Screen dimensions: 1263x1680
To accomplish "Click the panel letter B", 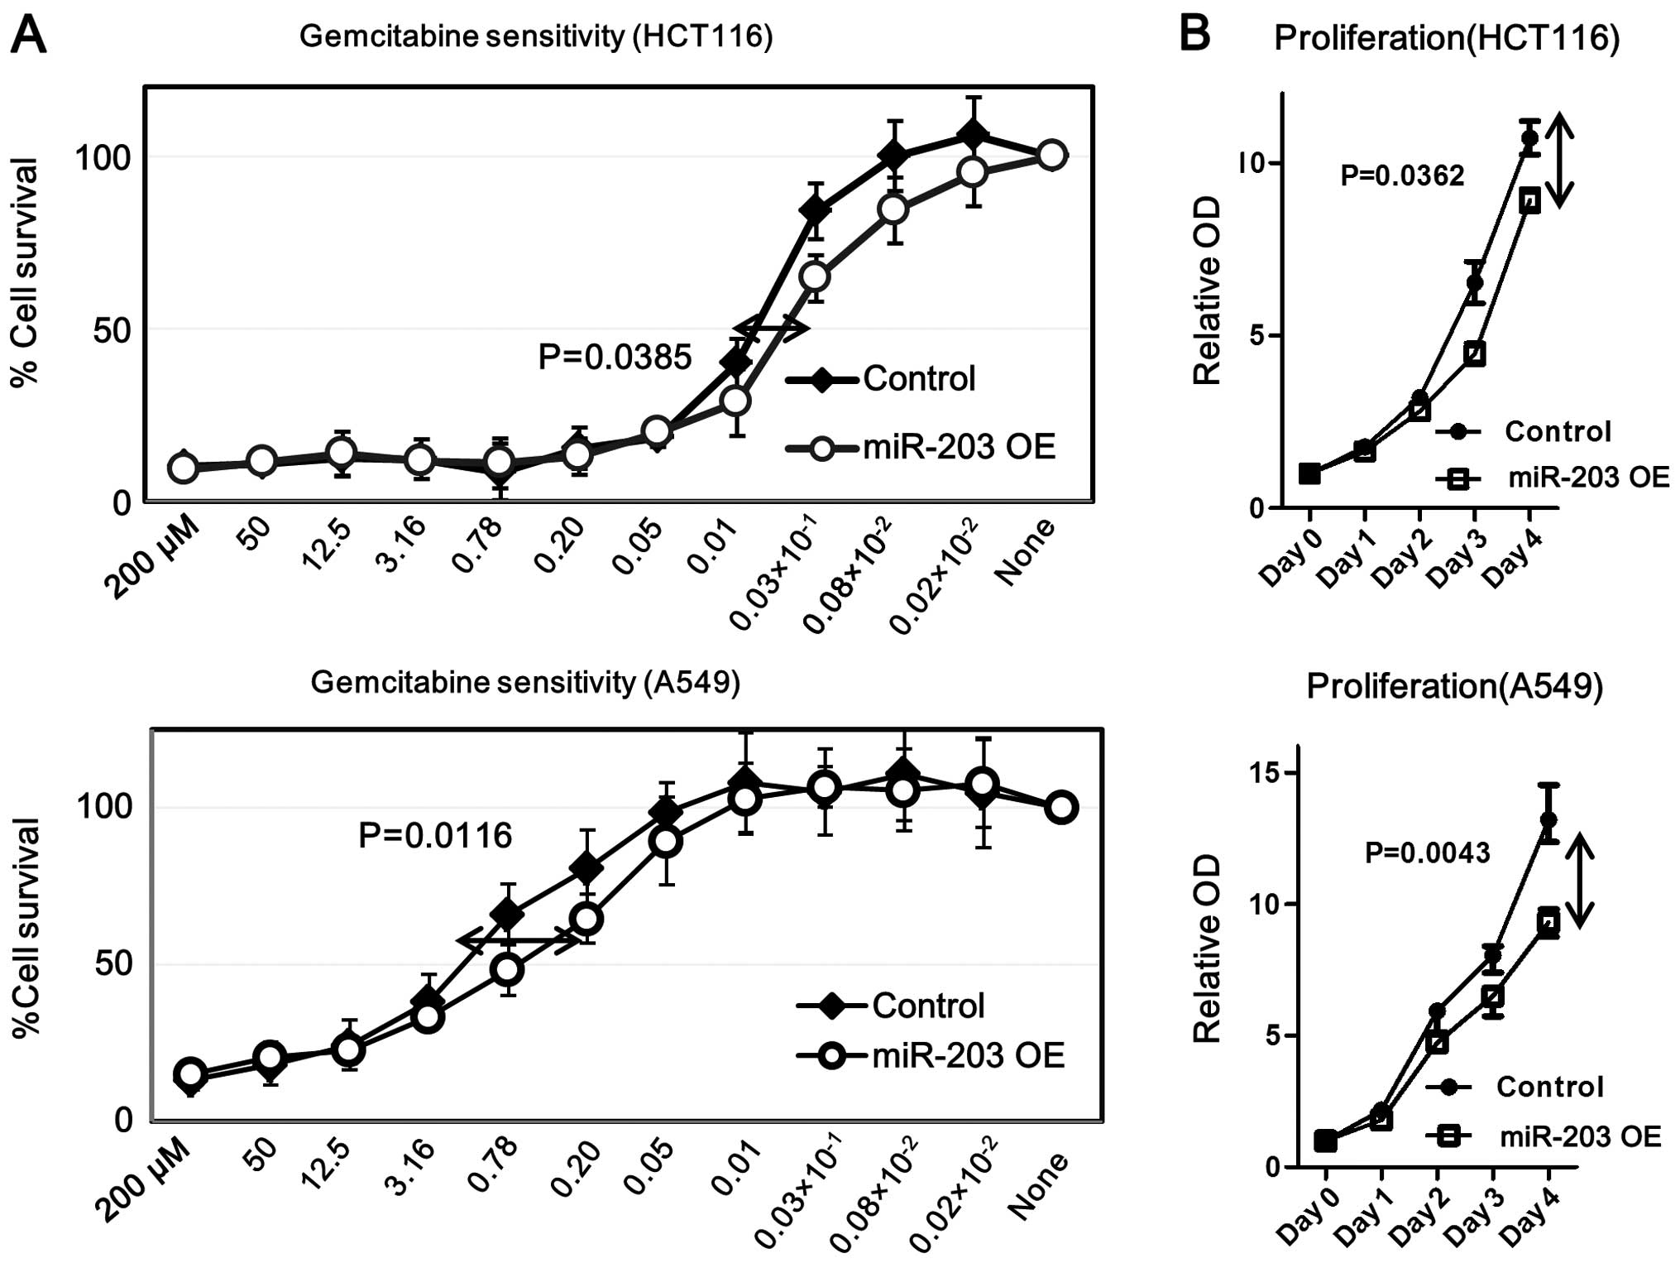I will (1194, 34).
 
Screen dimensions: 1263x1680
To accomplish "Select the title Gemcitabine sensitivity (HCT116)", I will (536, 37).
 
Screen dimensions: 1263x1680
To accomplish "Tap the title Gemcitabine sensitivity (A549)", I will (525, 682).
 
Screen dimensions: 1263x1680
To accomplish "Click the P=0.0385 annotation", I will (615, 357).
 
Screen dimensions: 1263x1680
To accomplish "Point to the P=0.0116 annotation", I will (435, 835).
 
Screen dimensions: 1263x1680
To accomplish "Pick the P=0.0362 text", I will (1402, 175).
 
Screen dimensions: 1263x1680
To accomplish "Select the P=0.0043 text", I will (1427, 852).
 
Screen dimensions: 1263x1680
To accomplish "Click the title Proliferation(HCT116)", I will (1447, 38).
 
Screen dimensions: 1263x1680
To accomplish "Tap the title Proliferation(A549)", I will (1455, 687).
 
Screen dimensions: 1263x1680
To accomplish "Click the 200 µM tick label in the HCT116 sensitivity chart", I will (154, 563).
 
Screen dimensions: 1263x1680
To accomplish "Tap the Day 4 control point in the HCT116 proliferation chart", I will (1529, 138).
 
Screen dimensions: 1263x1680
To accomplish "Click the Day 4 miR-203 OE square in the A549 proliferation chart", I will (1548, 920).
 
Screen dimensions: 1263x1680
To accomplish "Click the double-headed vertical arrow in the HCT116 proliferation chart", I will (1559, 161).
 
